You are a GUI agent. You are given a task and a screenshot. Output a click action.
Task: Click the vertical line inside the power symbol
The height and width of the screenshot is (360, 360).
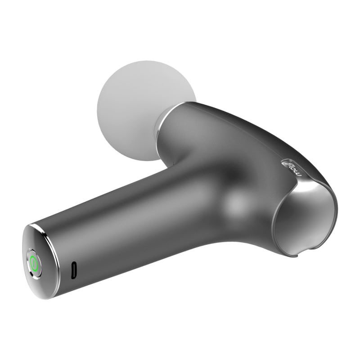[34, 264]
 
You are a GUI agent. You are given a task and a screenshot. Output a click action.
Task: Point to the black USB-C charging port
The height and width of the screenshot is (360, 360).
[74, 270]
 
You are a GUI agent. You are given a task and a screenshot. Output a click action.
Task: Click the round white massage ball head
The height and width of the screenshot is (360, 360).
[138, 108]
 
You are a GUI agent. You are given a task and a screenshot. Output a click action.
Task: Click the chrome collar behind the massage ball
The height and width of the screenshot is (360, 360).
[162, 129]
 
